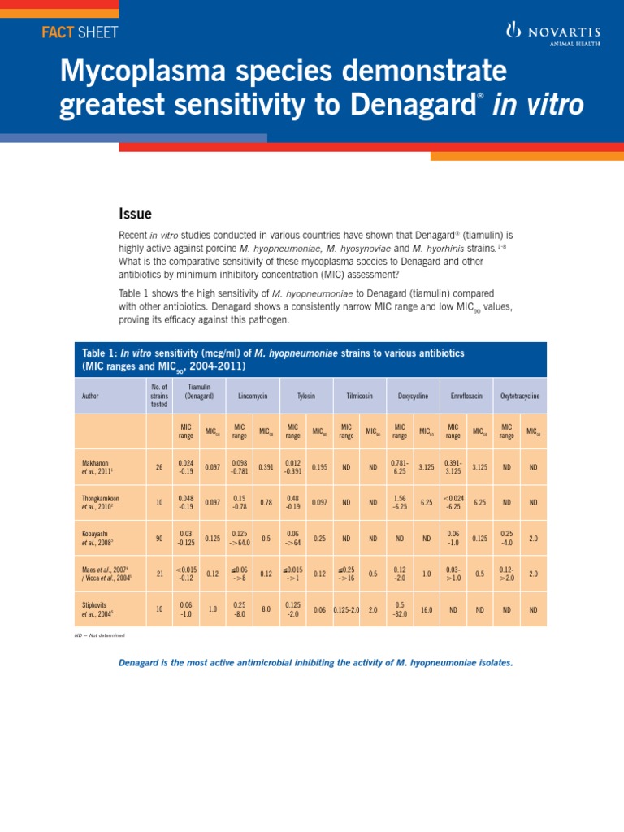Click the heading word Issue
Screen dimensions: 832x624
(x=136, y=214)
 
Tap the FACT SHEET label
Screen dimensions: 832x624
(x=79, y=32)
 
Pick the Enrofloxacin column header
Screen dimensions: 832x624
(x=466, y=396)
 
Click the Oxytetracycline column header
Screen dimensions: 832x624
(x=520, y=396)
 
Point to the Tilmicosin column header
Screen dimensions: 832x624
(x=360, y=396)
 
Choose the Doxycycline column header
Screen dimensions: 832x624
(x=413, y=396)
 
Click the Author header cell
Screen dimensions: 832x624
(x=91, y=396)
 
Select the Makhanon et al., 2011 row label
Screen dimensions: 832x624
(x=97, y=466)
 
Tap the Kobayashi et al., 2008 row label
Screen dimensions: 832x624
(x=98, y=538)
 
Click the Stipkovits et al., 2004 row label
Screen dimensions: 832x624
(x=97, y=609)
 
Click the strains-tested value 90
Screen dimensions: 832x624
(x=158, y=538)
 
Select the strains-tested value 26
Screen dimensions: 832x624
(x=158, y=466)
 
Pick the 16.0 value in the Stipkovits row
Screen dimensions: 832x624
(x=427, y=609)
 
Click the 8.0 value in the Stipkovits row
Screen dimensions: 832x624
(x=266, y=609)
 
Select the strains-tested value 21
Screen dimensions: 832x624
(x=158, y=574)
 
